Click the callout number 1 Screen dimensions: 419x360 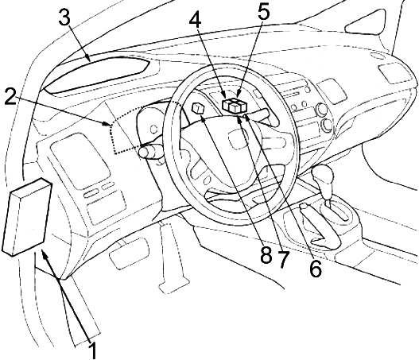click(x=93, y=350)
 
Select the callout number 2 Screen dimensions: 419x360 click(x=10, y=99)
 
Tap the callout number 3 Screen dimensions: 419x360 click(x=64, y=17)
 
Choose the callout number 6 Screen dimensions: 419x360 click(x=316, y=268)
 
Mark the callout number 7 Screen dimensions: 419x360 click(x=284, y=259)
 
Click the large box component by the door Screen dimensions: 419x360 click(x=26, y=217)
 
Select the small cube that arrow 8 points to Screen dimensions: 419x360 click(x=198, y=108)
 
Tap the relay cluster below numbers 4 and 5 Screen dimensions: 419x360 click(x=235, y=105)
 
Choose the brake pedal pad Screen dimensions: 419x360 click(x=129, y=253)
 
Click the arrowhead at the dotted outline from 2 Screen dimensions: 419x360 click(x=107, y=123)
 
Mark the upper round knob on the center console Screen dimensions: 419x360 click(x=321, y=110)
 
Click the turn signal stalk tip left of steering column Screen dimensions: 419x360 click(x=144, y=153)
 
